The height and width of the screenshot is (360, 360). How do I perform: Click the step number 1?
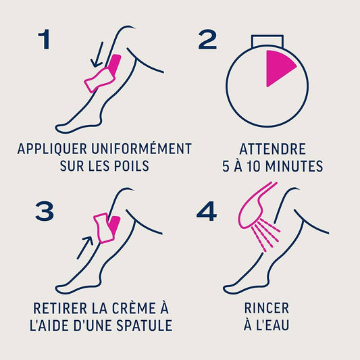45,39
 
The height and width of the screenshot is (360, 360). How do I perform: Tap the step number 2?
207,39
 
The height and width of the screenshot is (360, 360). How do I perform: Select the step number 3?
45,211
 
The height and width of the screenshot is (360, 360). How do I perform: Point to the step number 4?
207,211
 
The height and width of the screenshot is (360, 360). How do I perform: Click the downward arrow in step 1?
97,55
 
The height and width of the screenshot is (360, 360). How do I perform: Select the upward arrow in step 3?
84,248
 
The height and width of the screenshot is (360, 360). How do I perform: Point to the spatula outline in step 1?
99,80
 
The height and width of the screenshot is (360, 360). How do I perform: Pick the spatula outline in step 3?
103,228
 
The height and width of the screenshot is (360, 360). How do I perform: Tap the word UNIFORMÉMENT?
141,149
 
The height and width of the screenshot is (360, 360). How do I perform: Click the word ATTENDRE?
272,149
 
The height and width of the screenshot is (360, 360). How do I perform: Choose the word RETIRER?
60,308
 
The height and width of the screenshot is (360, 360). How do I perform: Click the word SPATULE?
144,325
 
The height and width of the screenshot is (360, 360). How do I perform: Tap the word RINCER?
267,308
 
